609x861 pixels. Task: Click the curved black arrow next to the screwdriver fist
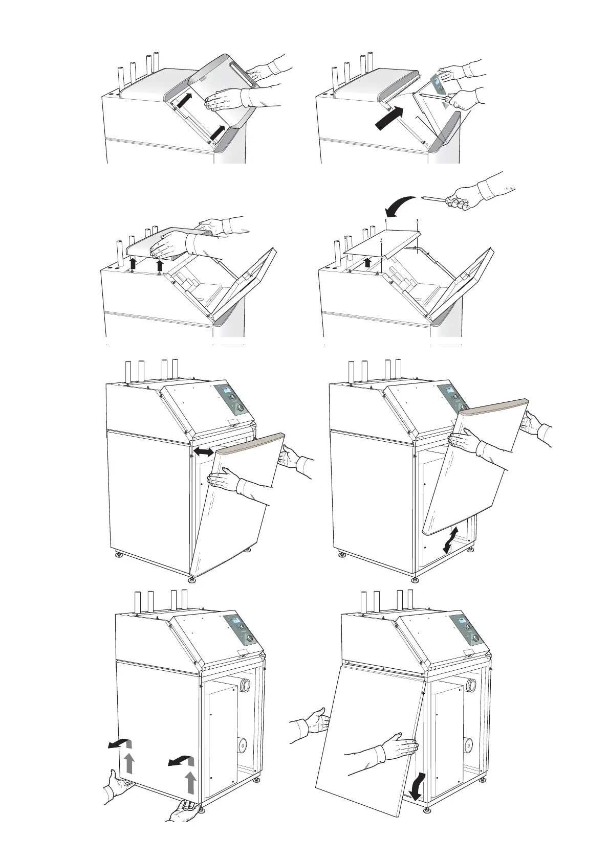pyautogui.click(x=400, y=207)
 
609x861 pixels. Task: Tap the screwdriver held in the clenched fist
pyautogui.click(x=435, y=198)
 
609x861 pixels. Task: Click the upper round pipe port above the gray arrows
pyautogui.click(x=246, y=684)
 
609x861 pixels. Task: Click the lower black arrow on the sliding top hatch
pyautogui.click(x=218, y=131)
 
